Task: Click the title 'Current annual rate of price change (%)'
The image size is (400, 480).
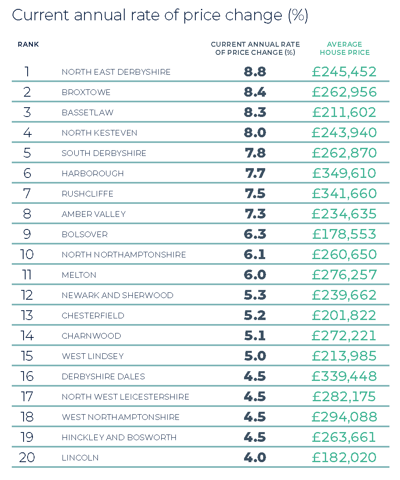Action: [x=160, y=15]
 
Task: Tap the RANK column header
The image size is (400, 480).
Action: [x=28, y=44]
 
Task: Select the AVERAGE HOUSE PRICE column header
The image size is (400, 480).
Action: [x=344, y=48]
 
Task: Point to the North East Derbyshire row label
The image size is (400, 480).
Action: [x=116, y=72]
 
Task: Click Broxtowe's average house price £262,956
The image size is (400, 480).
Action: [x=344, y=92]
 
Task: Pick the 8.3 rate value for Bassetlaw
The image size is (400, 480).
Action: [x=255, y=112]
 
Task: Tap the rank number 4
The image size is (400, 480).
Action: [x=27, y=133]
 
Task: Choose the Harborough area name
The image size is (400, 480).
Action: [x=93, y=173]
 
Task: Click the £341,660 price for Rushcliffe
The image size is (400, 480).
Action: [x=344, y=194]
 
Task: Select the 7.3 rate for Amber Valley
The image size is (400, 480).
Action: [x=255, y=214]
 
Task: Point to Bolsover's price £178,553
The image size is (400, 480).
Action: [x=344, y=234]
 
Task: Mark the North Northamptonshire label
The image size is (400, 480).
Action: [x=124, y=255]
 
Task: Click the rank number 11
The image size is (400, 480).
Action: [x=27, y=275]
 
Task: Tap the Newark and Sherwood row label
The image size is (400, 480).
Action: [x=117, y=295]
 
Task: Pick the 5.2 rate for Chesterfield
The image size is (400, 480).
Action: [x=255, y=316]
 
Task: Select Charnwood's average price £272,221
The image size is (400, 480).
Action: [x=344, y=336]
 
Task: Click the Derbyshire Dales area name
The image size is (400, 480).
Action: [x=103, y=376]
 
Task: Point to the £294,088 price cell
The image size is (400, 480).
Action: [x=344, y=417]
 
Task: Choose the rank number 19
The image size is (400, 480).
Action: [x=27, y=437]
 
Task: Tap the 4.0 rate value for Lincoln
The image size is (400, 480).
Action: [x=255, y=458]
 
